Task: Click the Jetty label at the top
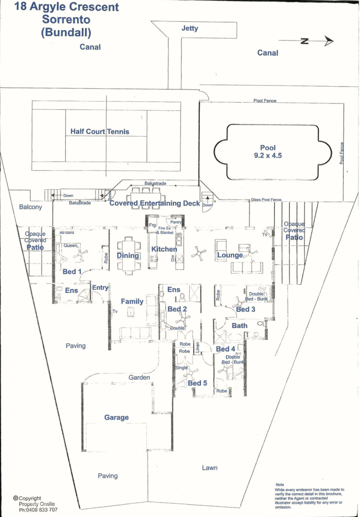click(190, 28)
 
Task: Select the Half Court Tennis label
click(100, 131)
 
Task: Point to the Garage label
click(116, 417)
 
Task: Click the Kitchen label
click(164, 249)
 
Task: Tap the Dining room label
click(128, 256)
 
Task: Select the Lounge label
click(229, 255)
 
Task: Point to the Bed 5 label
click(198, 383)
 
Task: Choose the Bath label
click(240, 326)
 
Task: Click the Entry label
click(100, 288)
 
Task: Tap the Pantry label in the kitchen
click(177, 222)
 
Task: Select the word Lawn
click(209, 467)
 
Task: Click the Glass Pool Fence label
click(265, 200)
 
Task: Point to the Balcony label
click(31, 207)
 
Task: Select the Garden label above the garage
click(139, 377)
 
